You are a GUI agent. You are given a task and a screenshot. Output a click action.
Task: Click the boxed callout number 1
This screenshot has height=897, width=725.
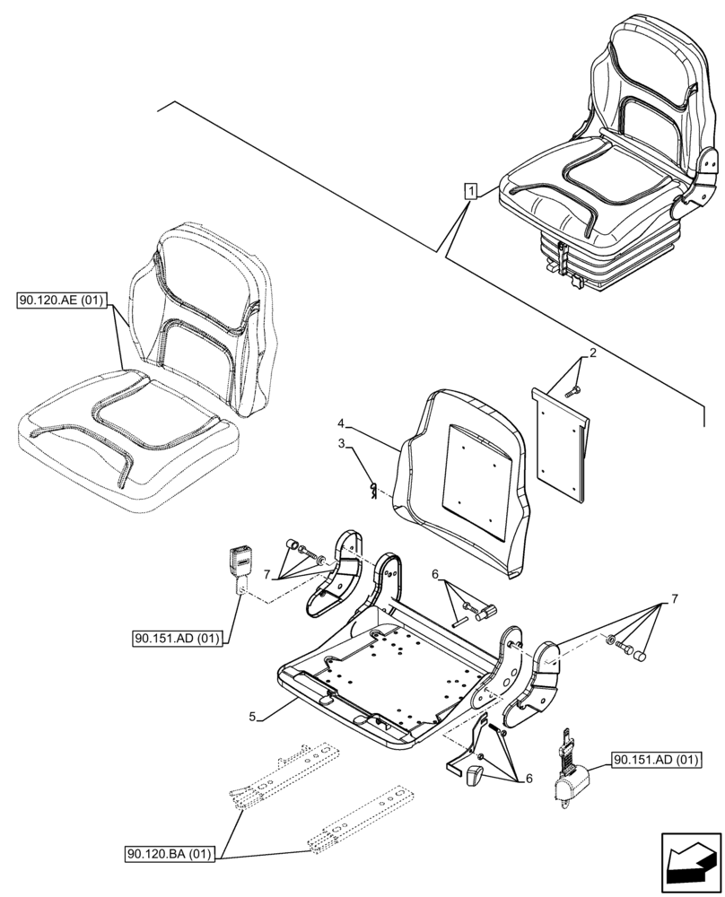470,189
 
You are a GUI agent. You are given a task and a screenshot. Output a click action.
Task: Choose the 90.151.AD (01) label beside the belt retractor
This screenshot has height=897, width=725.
657,761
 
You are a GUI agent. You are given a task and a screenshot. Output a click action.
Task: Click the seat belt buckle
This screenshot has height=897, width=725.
242,564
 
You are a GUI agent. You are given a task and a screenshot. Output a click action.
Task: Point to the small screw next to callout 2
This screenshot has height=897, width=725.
574,390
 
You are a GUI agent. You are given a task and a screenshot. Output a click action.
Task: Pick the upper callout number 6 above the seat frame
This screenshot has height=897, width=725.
435,574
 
